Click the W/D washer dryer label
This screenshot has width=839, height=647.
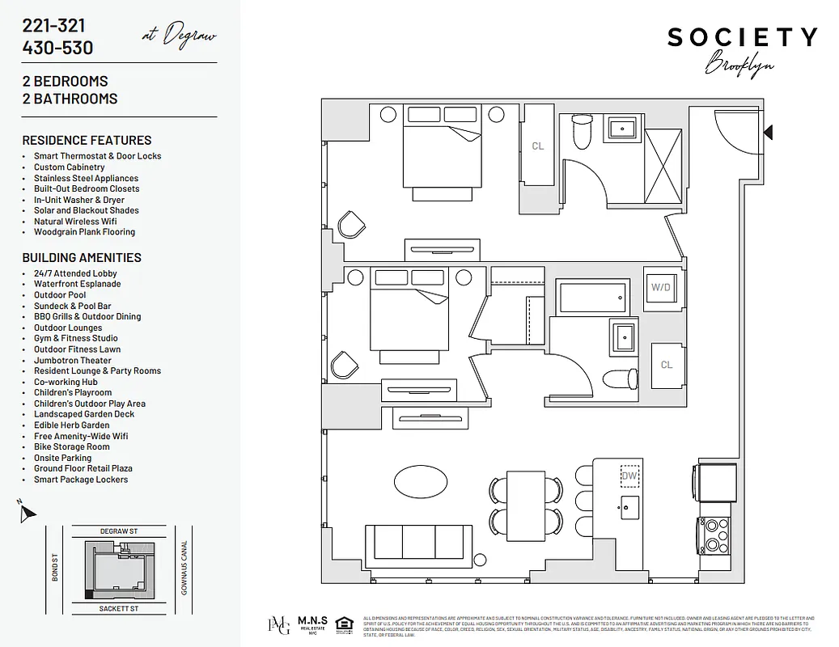click(x=661, y=287)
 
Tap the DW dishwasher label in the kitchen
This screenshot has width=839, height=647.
click(x=629, y=476)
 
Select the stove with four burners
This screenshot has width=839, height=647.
click(x=714, y=535)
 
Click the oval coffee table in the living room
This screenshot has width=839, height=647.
click(x=421, y=483)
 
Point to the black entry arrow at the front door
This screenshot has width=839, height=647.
click(x=768, y=132)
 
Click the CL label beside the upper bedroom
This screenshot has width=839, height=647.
click(x=537, y=146)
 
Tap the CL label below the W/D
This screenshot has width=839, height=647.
click(x=666, y=365)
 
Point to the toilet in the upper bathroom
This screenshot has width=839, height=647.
click(x=582, y=132)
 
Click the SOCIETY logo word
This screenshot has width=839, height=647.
click(x=741, y=37)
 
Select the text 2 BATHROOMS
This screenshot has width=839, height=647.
click(x=70, y=99)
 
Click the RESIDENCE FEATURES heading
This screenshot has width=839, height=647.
click(x=87, y=140)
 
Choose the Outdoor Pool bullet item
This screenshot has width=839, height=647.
click(x=60, y=295)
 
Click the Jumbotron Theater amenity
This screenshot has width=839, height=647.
click(x=73, y=360)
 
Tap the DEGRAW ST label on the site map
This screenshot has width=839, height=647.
click(x=119, y=531)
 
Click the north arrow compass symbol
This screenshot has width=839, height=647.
click(x=27, y=512)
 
